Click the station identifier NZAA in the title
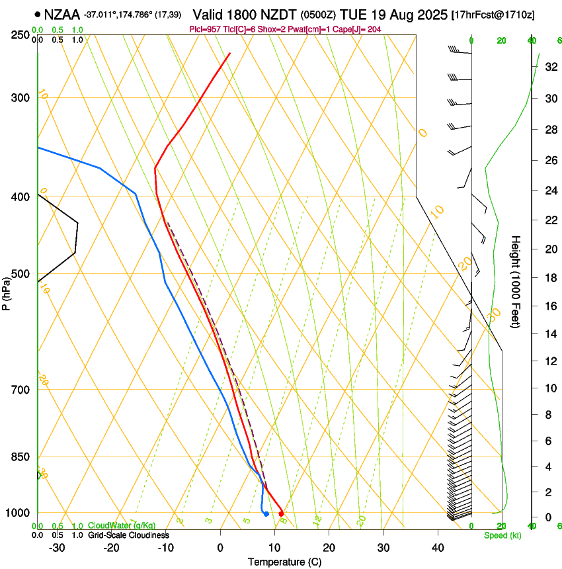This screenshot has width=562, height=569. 62,14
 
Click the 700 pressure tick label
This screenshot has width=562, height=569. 20,390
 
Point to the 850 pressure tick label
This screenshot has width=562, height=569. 20,457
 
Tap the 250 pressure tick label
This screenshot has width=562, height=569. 20,35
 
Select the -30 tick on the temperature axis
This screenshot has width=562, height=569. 57,547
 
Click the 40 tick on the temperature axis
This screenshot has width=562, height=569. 437,547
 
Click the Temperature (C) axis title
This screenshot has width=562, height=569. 284,562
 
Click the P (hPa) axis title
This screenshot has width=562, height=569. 6,292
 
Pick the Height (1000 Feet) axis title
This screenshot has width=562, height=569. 516,282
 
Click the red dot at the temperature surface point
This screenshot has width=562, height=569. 281,513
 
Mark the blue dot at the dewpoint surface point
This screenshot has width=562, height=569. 266,513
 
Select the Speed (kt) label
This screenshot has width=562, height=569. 502,535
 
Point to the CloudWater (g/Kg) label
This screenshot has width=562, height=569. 122,526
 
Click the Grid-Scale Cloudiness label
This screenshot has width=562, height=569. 128,535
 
